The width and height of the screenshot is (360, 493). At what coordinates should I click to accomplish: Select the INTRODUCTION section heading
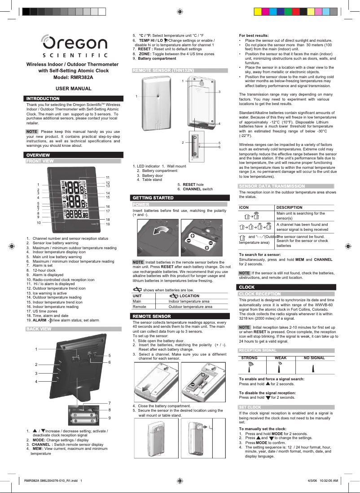(43, 98)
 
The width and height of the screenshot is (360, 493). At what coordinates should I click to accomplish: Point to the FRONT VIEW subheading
(40, 161)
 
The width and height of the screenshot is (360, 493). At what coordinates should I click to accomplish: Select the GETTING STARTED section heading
(153, 198)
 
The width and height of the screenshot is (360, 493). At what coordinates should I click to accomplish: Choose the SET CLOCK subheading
(250, 407)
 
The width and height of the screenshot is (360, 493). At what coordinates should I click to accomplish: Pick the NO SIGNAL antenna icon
(314, 367)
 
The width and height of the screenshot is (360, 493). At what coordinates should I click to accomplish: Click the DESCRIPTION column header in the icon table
(290, 207)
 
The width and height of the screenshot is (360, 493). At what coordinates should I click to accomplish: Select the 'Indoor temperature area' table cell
(189, 301)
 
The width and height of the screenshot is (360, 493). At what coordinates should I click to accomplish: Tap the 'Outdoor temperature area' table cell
(190, 307)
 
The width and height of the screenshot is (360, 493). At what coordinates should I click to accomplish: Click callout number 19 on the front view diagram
(108, 224)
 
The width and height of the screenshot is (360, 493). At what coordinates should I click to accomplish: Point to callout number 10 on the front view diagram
(39, 223)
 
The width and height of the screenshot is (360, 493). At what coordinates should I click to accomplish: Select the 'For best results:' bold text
(254, 35)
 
